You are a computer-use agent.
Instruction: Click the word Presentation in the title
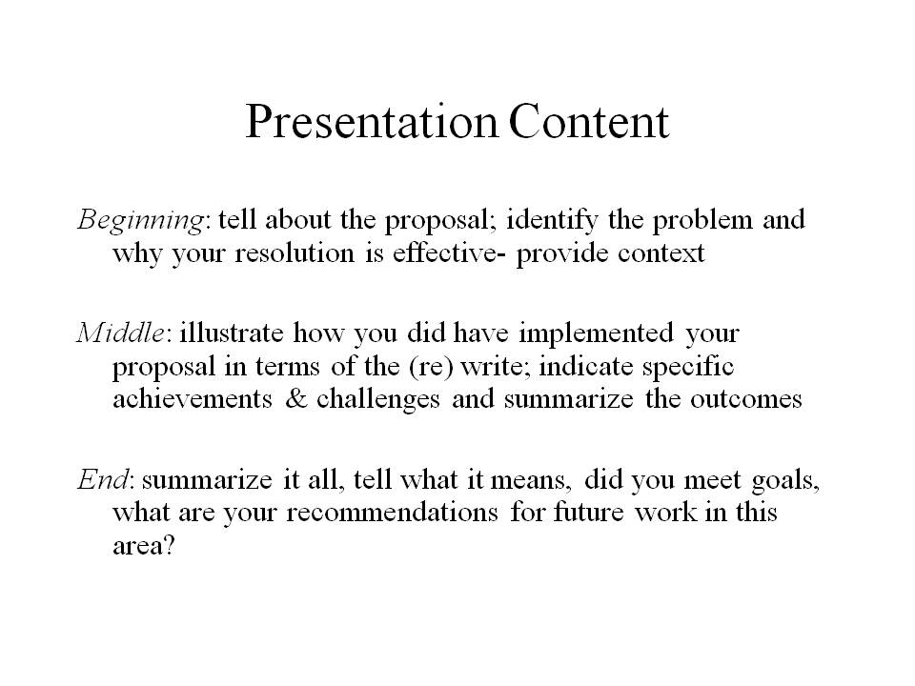point(372,122)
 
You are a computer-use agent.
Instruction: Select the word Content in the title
point(589,122)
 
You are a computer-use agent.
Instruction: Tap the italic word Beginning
point(140,221)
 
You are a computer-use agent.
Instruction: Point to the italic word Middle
point(121,333)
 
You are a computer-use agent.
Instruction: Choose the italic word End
point(102,479)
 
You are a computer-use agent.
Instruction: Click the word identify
point(552,221)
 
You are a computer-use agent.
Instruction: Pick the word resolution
point(295,253)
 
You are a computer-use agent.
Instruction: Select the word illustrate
point(232,333)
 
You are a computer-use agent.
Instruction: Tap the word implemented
point(596,334)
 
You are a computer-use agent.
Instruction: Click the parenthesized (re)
point(431,367)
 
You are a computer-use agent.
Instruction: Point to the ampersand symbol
point(296,399)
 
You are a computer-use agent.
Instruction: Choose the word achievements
point(193,399)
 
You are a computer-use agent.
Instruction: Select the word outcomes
point(745,399)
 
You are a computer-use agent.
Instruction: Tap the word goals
point(785,481)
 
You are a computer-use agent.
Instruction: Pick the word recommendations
point(392,513)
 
